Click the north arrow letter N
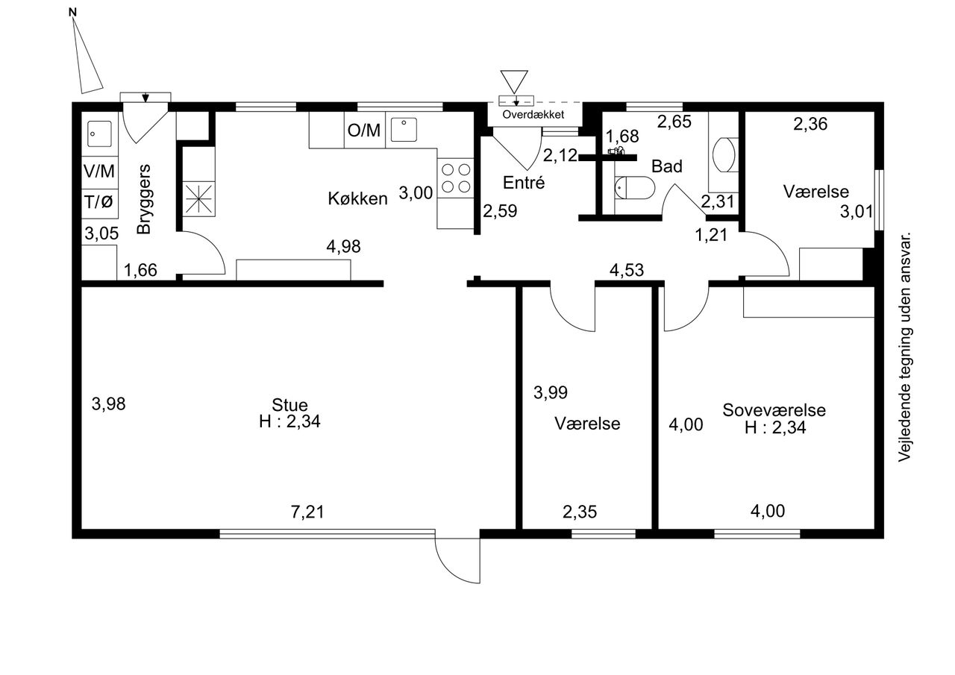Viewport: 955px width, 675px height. coord(72,13)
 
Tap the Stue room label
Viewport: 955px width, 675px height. coord(290,405)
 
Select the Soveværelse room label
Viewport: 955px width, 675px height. coord(774,410)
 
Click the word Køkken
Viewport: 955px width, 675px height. coord(357,198)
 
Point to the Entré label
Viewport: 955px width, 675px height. coord(524,183)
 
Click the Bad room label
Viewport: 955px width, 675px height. coord(667,166)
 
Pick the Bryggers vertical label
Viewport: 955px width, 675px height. coord(144,199)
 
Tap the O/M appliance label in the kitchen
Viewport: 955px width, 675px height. coord(363,131)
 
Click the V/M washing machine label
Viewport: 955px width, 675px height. coord(99,172)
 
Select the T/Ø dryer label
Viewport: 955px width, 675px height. coord(99,201)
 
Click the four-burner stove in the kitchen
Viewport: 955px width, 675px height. coord(456,178)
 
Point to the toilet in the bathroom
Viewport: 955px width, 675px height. coord(634,187)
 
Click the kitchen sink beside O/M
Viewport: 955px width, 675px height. coord(404,130)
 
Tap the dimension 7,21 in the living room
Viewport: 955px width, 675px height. coord(307,512)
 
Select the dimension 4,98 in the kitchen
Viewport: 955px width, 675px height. coord(344,246)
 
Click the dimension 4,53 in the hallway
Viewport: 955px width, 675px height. coord(627,270)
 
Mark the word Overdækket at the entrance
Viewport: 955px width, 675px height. coord(533,115)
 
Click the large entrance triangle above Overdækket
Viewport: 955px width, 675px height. coord(514,81)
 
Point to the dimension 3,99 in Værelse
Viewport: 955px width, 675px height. coord(551,392)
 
